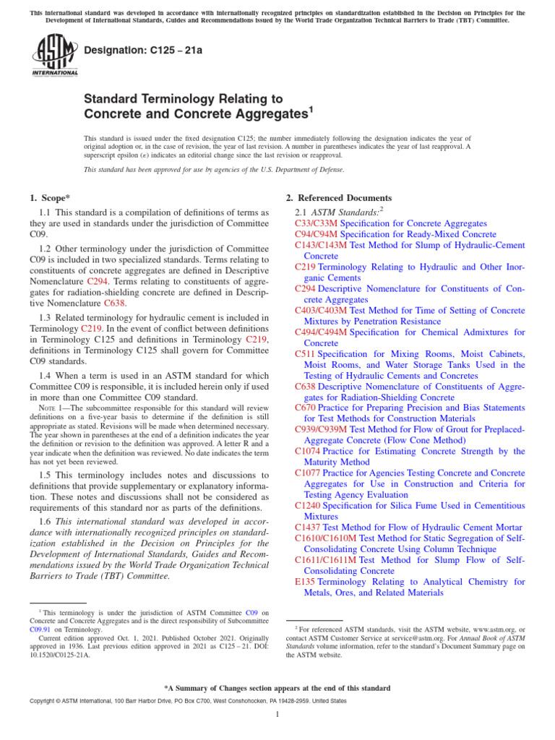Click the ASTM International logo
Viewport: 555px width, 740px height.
point(53,57)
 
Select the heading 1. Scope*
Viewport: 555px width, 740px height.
point(51,198)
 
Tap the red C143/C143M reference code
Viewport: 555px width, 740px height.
point(321,246)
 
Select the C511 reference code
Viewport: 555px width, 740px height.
point(305,354)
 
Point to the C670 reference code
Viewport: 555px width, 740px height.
point(305,408)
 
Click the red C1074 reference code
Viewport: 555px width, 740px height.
point(308,451)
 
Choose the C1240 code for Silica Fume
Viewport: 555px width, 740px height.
point(308,505)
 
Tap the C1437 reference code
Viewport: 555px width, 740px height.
point(308,527)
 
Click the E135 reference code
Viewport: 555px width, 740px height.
point(304,581)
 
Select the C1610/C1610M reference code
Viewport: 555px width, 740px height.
point(325,538)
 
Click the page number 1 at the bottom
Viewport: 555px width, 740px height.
point(277,715)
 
